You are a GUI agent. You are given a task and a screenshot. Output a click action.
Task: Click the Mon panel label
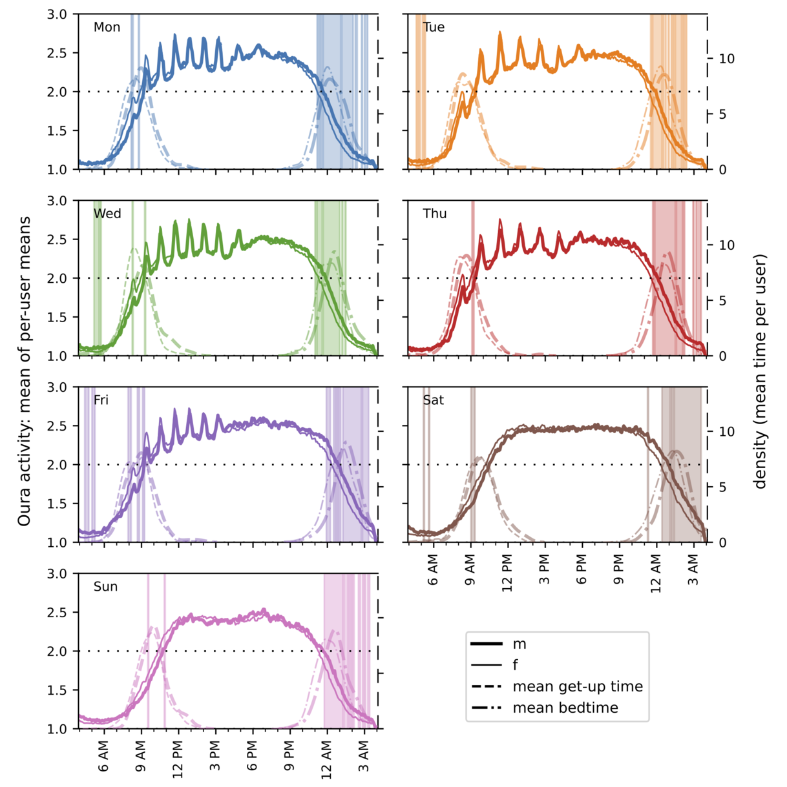[107, 27]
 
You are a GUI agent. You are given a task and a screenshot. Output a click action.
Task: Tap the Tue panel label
[434, 27]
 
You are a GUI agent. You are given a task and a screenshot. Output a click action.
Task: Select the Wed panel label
[107, 214]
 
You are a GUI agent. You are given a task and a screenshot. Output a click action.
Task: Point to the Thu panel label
[435, 214]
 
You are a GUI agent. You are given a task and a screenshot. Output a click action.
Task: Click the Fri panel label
[101, 400]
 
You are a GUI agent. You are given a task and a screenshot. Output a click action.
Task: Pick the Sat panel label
[433, 400]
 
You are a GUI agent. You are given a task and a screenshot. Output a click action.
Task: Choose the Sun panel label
[105, 587]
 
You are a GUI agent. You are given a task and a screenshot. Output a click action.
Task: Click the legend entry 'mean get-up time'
[577, 686]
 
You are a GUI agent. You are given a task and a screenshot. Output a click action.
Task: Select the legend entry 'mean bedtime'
[565, 708]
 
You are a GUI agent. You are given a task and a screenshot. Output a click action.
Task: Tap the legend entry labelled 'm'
[519, 644]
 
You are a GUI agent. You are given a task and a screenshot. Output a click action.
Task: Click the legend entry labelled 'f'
[516, 665]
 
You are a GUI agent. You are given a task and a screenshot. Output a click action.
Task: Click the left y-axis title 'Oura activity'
[24, 371]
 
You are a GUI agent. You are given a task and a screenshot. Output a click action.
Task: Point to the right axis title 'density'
[761, 371]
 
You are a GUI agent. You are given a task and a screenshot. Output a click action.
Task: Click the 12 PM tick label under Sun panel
[178, 759]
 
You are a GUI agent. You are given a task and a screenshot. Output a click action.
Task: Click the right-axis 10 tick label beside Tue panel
[726, 59]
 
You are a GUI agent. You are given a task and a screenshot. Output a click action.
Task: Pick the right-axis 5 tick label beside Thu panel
[722, 301]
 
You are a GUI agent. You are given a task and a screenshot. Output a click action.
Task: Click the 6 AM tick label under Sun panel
[103, 759]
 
